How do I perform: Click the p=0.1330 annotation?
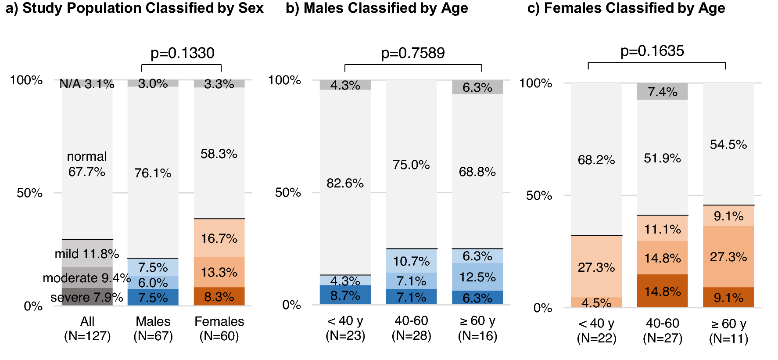point(182,53)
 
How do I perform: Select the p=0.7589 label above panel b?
point(412,53)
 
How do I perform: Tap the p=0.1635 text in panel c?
point(652,51)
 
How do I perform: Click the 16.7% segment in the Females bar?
point(219,238)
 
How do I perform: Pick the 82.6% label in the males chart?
point(345,183)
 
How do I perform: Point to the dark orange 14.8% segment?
point(662,291)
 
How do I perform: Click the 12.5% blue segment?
point(477,277)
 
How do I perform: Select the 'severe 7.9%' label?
point(87,297)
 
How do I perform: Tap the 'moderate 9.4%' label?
point(87,278)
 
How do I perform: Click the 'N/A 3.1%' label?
point(87,84)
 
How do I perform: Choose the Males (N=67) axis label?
point(153,328)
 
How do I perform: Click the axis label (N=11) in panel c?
point(728,338)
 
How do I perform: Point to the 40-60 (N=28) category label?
point(411,328)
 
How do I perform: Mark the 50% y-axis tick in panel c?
point(539,195)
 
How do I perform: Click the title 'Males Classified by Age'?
point(386,8)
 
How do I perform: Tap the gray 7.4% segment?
point(662,92)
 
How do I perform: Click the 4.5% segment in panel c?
point(596,302)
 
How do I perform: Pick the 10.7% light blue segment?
point(411,261)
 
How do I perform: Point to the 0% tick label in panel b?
point(291,305)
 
